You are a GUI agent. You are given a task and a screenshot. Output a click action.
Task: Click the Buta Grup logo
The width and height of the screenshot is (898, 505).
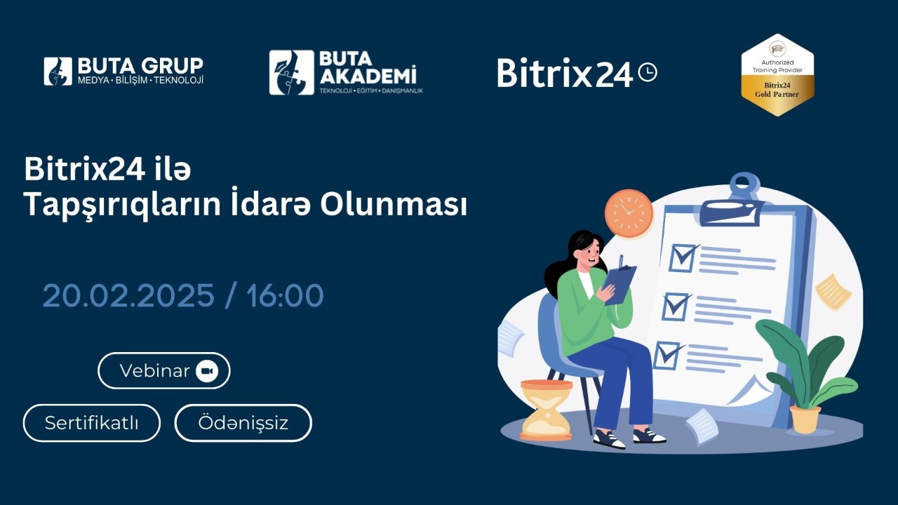pyautogui.click(x=123, y=71)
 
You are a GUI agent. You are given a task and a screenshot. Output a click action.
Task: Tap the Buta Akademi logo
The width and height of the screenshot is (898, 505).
pyautogui.click(x=346, y=72)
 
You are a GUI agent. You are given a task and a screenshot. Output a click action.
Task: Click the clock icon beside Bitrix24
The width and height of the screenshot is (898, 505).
pyautogui.click(x=648, y=72)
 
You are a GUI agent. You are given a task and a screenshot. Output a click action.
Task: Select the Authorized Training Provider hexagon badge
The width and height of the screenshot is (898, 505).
pyautogui.click(x=777, y=75)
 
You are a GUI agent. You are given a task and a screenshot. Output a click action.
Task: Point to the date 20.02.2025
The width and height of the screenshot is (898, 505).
pyautogui.click(x=128, y=296)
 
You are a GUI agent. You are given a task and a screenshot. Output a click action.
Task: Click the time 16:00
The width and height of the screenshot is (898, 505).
pyautogui.click(x=285, y=296)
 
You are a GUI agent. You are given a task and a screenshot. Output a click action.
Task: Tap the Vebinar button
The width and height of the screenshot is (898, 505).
pyautogui.click(x=164, y=371)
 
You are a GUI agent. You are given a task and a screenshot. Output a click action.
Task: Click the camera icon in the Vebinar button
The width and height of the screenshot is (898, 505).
pyautogui.click(x=207, y=371)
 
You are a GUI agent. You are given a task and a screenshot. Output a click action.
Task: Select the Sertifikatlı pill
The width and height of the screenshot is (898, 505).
pyautogui.click(x=92, y=423)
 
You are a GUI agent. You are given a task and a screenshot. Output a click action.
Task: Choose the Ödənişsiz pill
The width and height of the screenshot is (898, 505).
pyautogui.click(x=243, y=423)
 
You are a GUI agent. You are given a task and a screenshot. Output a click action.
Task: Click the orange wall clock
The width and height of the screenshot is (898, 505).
pyautogui.click(x=628, y=213)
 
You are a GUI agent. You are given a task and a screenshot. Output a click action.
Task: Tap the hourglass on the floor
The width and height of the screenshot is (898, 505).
pyautogui.click(x=546, y=410)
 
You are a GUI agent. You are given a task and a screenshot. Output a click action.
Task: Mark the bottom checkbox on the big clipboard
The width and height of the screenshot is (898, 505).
pyautogui.click(x=666, y=355)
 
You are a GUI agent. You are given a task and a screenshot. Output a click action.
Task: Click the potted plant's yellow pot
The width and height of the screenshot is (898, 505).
pyautogui.click(x=805, y=419)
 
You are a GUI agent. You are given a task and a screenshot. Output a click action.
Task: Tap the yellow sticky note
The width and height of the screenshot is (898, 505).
pyautogui.click(x=833, y=292)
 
